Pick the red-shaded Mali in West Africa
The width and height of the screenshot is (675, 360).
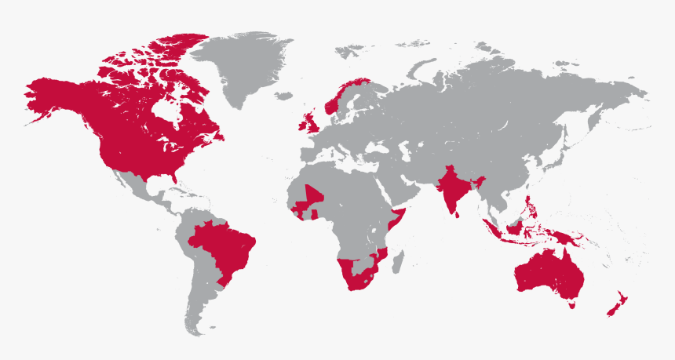point(312,196)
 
